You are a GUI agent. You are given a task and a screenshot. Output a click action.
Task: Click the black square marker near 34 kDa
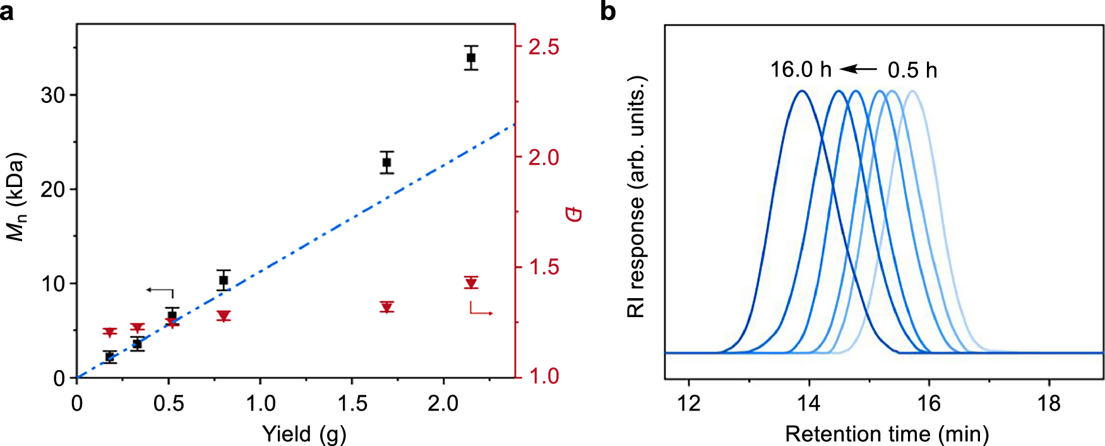tap(470, 57)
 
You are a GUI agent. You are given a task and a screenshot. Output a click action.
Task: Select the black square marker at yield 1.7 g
tap(386, 162)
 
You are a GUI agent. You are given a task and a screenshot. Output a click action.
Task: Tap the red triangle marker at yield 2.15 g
tap(470, 282)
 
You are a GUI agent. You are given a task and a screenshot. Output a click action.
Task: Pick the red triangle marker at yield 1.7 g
tap(387, 307)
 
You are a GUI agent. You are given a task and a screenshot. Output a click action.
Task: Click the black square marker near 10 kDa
tap(223, 280)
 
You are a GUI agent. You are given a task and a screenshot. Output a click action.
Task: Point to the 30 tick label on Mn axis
tap(53, 95)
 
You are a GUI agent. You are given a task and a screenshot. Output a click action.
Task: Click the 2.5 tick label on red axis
tap(544, 47)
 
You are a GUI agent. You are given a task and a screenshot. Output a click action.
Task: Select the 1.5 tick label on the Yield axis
tap(352, 403)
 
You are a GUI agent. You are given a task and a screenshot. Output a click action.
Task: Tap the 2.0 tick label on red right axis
tap(544, 157)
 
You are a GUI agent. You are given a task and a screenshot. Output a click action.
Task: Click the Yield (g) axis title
tap(304, 434)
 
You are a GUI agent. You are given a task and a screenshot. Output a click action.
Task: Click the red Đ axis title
tap(573, 214)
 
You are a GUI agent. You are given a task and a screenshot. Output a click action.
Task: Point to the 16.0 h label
tap(800, 69)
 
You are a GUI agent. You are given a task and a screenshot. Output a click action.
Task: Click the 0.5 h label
tap(912, 70)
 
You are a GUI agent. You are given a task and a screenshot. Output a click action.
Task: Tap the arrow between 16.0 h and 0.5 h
tap(859, 69)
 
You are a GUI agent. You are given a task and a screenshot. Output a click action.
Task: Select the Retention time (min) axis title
tap(887, 434)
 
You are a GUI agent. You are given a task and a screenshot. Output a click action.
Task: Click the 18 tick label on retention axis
tap(1049, 403)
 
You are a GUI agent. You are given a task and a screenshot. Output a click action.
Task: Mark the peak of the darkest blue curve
tap(802, 91)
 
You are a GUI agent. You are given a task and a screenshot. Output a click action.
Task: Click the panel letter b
tap(607, 11)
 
